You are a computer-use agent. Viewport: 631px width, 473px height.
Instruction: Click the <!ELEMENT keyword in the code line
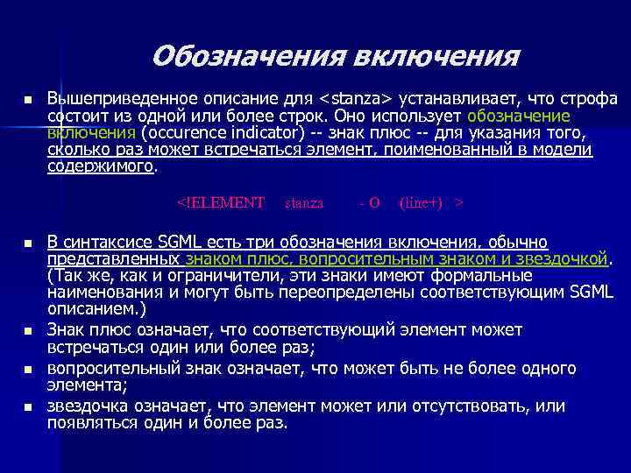click(x=221, y=202)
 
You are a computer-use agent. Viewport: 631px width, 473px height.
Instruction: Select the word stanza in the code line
click(x=304, y=202)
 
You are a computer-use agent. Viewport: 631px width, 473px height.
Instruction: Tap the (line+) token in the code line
click(x=424, y=202)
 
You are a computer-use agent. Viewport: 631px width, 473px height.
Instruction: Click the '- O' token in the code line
click(x=369, y=202)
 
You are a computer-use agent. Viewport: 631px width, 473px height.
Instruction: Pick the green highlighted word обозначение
click(x=520, y=115)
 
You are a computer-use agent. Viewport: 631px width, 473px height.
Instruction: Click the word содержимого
click(x=99, y=167)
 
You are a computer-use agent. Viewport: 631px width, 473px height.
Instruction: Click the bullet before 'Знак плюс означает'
click(x=28, y=331)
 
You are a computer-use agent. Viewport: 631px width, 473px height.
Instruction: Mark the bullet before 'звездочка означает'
click(x=28, y=407)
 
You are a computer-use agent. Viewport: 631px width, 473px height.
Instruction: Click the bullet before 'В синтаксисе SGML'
click(x=28, y=243)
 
